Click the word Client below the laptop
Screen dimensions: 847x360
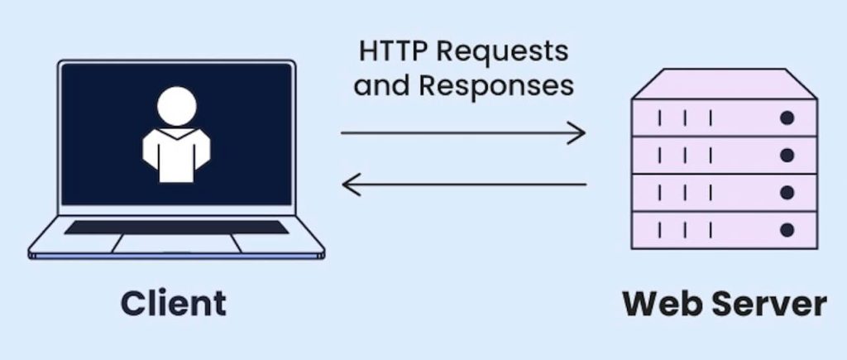coord(174,303)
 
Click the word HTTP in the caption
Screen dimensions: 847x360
coord(394,51)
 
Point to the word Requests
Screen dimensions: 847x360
coord(502,53)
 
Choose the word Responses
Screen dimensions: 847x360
coord(496,88)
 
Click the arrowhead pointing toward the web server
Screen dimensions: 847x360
coord(576,133)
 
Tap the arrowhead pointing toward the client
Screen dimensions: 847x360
coord(352,185)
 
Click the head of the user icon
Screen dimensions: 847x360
coord(177,106)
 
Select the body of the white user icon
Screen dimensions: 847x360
coord(176,155)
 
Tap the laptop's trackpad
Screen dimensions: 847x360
coord(177,243)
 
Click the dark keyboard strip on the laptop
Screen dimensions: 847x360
coord(176,227)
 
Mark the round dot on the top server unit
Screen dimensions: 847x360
coord(787,118)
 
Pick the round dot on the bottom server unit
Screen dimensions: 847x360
coord(787,230)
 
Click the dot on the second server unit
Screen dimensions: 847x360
coord(787,156)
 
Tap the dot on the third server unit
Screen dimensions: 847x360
coord(787,193)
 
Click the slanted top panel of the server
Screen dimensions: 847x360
coord(725,84)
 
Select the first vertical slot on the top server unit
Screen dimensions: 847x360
coord(659,118)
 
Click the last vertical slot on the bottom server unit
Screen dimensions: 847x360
coord(711,230)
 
